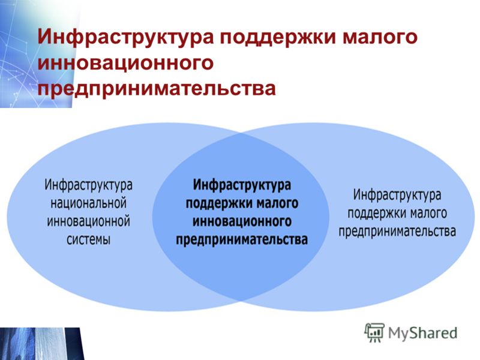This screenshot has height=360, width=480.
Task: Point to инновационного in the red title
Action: pyautogui.click(x=125, y=63)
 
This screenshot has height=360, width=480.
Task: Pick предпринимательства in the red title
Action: pyautogui.click(x=157, y=89)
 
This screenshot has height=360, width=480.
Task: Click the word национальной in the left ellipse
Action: pyautogui.click(x=88, y=203)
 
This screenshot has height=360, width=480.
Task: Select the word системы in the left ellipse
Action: pyautogui.click(x=88, y=239)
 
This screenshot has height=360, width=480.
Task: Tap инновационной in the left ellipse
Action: pyautogui.click(x=88, y=221)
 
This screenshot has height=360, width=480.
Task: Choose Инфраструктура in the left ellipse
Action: pyautogui.click(x=88, y=185)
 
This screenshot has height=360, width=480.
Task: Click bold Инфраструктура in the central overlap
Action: pyautogui.click(x=242, y=185)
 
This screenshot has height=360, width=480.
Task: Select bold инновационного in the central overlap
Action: pyautogui.click(x=242, y=221)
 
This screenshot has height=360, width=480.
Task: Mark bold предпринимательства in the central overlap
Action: pyautogui.click(x=242, y=239)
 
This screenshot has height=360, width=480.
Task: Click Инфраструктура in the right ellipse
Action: pyautogui.click(x=397, y=195)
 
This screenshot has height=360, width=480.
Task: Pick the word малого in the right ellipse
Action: pyautogui.click(x=428, y=214)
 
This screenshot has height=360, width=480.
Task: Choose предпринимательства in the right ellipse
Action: pyautogui.click(x=397, y=232)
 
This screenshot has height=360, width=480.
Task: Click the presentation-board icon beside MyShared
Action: pyautogui.click(x=374, y=333)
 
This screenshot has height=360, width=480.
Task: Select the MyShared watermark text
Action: pyautogui.click(x=423, y=333)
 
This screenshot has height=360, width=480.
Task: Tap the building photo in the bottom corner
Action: pyautogui.click(x=42, y=344)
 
